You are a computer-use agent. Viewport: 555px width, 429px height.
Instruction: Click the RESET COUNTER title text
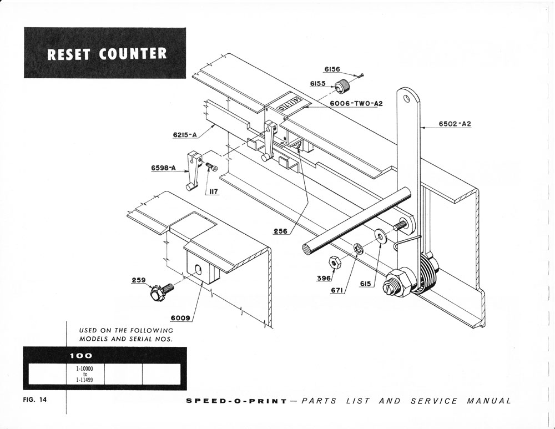[107, 54]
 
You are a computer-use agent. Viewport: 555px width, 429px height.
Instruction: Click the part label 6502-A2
[455, 124]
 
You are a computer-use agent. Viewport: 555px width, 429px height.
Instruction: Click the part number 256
[280, 231]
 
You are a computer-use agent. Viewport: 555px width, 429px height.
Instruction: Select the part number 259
[139, 280]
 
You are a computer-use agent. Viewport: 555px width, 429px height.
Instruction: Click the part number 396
[324, 278]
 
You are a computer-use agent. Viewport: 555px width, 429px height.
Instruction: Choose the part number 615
[365, 284]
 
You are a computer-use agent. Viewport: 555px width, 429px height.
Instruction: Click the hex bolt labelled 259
[159, 292]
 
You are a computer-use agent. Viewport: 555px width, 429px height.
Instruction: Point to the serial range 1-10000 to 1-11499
[85, 374]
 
